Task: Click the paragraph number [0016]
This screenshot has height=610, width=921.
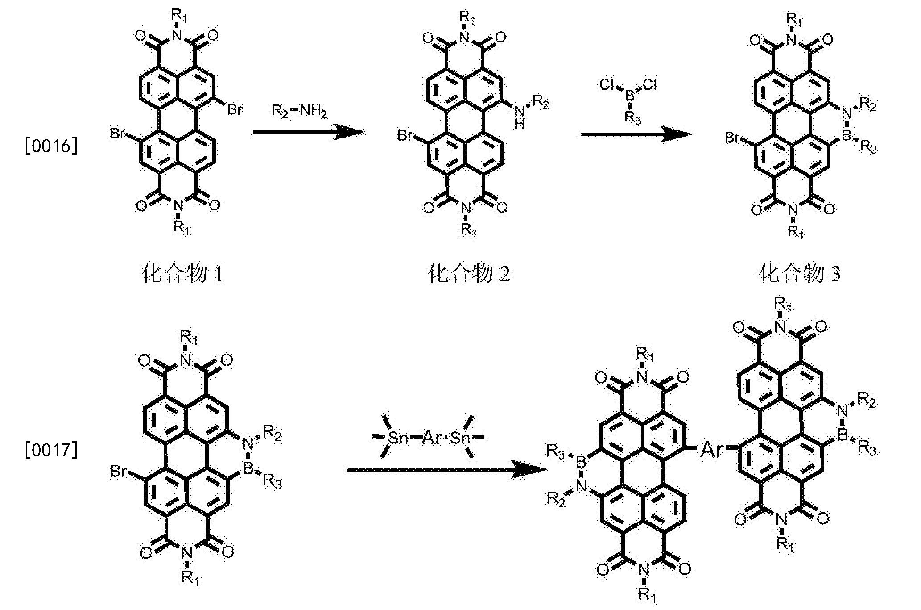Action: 51,146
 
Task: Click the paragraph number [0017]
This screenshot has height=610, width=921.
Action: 51,450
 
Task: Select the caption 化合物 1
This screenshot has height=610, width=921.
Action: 182,273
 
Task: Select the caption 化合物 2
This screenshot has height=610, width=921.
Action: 469,273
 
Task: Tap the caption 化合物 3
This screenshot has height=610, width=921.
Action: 799,273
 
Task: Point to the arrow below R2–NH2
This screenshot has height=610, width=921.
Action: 309,132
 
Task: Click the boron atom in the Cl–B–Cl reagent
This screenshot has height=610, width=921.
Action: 629,95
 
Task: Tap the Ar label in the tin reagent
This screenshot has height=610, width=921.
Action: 431,437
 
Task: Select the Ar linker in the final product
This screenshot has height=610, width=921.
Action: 711,450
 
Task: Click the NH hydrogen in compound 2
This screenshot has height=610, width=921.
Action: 519,125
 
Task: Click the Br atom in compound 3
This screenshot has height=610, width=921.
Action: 733,138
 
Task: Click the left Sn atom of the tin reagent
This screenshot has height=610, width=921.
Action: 398,438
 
